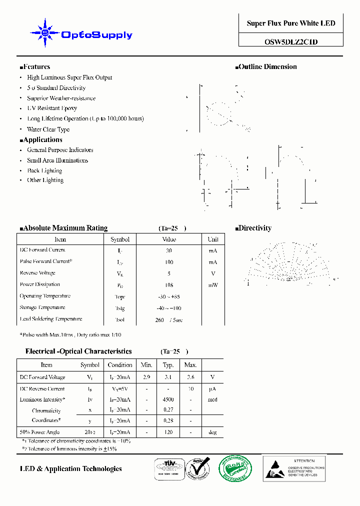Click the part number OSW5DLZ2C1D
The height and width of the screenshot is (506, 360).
click(x=290, y=42)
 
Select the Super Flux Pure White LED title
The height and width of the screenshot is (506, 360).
click(x=290, y=23)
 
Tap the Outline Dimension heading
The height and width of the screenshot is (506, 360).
click(x=267, y=67)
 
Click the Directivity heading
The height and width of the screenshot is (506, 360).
click(x=254, y=228)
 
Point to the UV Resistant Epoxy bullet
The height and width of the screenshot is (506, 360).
click(x=52, y=108)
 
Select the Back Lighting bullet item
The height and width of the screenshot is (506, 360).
click(x=45, y=170)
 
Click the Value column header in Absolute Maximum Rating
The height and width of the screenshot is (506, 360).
click(x=169, y=239)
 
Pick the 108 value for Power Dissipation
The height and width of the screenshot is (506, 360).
click(x=169, y=284)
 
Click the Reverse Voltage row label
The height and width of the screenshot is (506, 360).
click(x=37, y=273)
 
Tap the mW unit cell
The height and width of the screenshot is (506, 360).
click(x=213, y=284)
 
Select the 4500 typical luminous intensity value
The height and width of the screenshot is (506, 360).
click(x=168, y=399)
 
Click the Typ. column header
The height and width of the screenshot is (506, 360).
click(x=168, y=365)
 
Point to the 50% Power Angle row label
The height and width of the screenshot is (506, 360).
click(x=39, y=432)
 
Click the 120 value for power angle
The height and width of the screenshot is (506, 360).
click(x=168, y=432)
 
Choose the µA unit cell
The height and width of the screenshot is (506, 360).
click(x=212, y=388)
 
